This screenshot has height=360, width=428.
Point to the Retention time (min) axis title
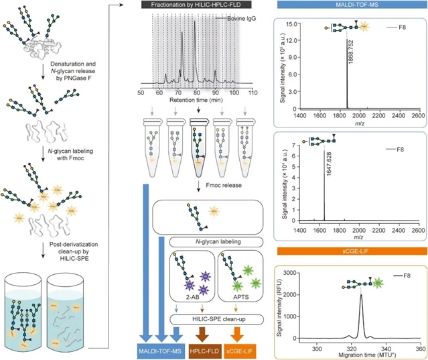(196, 99)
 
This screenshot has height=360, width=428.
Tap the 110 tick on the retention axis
(251, 91)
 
